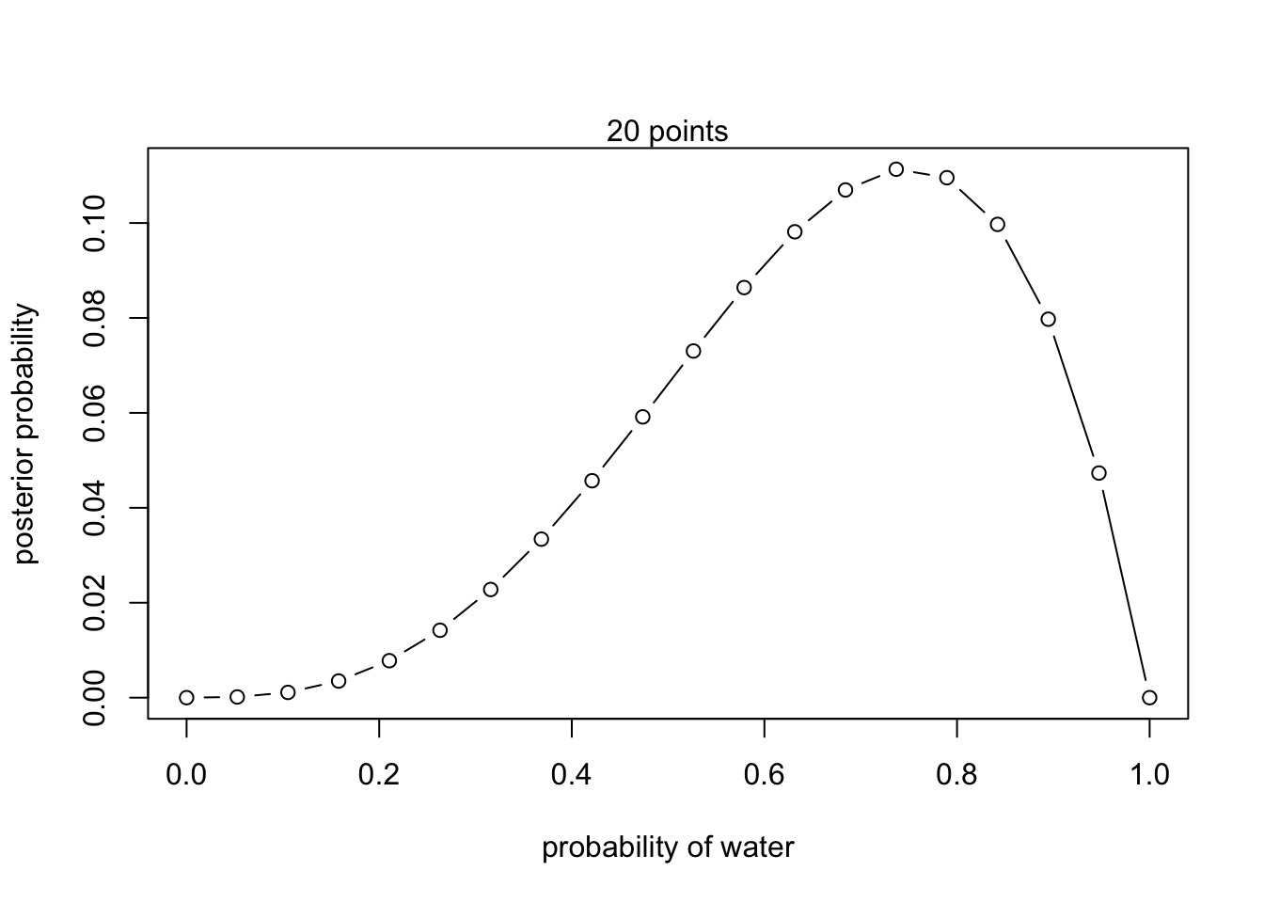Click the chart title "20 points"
click(667, 132)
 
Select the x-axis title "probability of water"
click(668, 848)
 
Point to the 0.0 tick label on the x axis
click(186, 775)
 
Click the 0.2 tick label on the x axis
click(379, 775)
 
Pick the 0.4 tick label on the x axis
click(572, 775)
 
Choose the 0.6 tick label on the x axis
click(764, 775)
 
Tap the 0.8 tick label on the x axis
click(956, 775)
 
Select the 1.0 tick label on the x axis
click(1148, 775)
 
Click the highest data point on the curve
click(896, 169)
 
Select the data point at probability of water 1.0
click(1149, 697)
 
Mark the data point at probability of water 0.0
click(186, 697)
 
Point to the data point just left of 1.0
click(1098, 473)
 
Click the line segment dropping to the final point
click(1124, 585)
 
